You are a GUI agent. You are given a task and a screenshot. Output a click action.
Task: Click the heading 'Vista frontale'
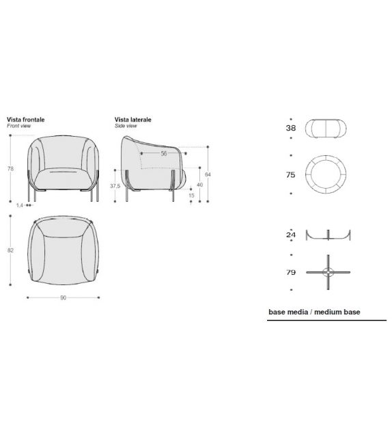pos(26,119)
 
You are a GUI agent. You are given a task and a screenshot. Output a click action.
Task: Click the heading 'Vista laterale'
pos(133,119)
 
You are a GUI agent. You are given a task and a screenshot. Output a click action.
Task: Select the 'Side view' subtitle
pos(126,127)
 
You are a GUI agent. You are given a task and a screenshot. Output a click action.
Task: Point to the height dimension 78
pos(10,169)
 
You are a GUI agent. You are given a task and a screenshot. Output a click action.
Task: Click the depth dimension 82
pos(10,250)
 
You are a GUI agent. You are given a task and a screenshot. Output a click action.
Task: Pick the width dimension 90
pos(63,297)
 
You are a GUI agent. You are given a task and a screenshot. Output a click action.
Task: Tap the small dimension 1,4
pos(19,204)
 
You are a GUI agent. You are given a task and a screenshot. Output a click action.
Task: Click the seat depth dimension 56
pos(164,154)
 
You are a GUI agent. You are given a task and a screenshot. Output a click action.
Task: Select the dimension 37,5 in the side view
pos(115,186)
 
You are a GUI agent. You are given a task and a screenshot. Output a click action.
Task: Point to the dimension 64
pos(208,175)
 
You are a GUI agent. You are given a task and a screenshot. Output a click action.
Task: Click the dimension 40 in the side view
pos(199,185)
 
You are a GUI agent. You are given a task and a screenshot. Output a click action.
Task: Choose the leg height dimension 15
pos(191,196)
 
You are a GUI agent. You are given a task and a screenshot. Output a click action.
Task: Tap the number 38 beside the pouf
pos(290,128)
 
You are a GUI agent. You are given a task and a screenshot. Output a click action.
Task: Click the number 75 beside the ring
pos(290,175)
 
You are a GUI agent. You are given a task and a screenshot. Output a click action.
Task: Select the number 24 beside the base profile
pos(290,235)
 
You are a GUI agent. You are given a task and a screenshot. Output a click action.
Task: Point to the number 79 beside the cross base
pos(290,272)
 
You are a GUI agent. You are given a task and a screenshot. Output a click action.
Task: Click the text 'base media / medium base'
pos(314,312)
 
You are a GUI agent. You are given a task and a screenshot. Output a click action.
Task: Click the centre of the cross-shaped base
pos(329,272)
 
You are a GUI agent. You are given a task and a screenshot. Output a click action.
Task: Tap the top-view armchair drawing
pos(63,249)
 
